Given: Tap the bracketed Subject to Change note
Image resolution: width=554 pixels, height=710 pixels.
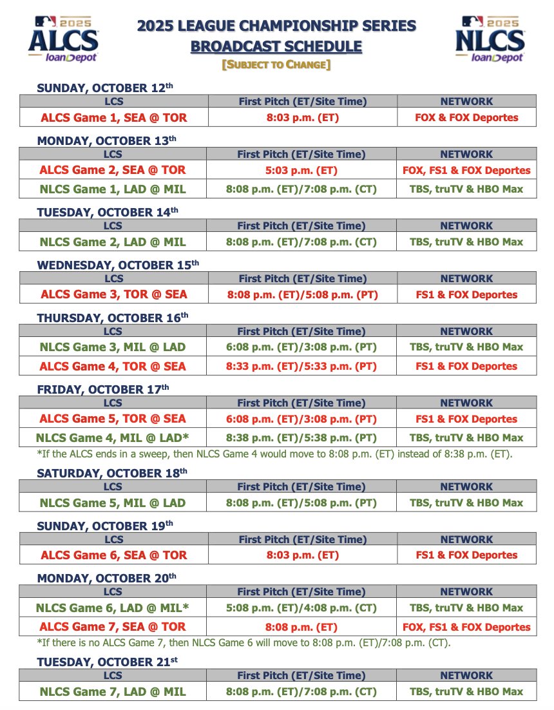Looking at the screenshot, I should (x=276, y=65).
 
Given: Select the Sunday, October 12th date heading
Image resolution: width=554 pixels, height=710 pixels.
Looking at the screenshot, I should (x=105, y=88).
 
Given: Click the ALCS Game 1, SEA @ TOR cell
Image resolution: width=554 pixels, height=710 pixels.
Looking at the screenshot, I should (x=114, y=118).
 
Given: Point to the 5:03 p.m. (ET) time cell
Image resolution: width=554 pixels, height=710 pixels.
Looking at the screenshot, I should (x=302, y=171).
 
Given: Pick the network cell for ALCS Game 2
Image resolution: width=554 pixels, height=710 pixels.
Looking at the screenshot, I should (x=466, y=171).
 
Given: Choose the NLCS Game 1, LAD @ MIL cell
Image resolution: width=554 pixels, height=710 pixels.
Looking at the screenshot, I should (x=113, y=189).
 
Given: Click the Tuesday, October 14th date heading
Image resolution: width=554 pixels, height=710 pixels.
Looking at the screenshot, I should (x=106, y=212).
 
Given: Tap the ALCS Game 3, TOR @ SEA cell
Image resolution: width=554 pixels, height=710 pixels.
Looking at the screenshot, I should (x=113, y=294).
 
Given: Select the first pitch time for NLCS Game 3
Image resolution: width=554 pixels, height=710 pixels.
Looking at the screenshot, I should (x=302, y=347).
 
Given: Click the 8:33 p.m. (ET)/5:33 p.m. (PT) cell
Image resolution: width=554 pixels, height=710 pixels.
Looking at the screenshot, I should (x=302, y=367).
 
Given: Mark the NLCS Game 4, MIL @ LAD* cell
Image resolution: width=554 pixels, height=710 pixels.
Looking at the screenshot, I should (x=113, y=438).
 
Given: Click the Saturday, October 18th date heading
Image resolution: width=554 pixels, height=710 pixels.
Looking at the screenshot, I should (x=112, y=472).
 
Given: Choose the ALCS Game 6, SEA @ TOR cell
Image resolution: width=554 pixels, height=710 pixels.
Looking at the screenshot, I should (x=114, y=555).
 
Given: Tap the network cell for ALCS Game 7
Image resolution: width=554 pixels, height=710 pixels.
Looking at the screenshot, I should (x=466, y=627).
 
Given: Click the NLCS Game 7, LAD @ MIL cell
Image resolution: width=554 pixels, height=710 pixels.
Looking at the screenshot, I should (x=113, y=692).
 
